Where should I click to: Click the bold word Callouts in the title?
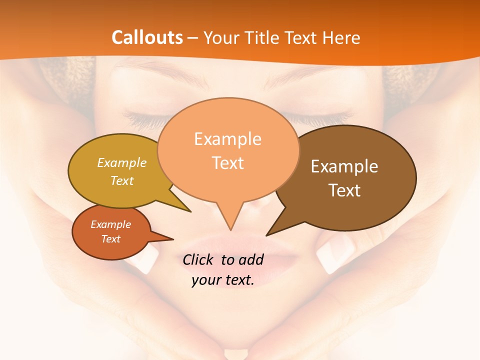[147, 37]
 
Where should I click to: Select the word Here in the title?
[342, 37]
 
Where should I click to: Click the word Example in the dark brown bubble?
[344, 166]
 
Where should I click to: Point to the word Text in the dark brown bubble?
[344, 190]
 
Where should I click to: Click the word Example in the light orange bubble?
[227, 139]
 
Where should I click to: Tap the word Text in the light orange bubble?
[227, 163]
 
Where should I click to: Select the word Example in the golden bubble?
[122, 163]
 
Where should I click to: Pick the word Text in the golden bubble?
[122, 180]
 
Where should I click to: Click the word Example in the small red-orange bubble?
[110, 224]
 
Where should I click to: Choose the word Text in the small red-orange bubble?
[110, 239]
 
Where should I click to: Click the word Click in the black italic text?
[199, 259]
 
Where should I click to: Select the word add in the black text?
[251, 259]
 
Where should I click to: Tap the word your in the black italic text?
[206, 280]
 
